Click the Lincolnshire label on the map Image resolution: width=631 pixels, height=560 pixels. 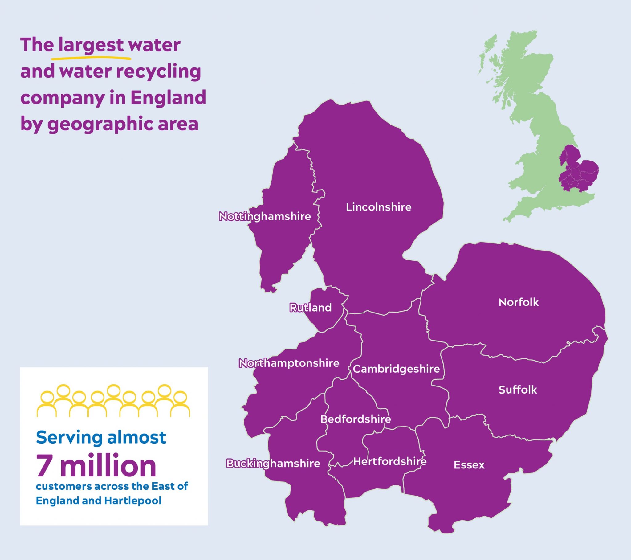tap(378, 207)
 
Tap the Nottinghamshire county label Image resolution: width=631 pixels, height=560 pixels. tap(265, 217)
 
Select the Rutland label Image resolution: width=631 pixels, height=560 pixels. tap(310, 307)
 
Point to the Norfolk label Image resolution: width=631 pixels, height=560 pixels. tap(518, 302)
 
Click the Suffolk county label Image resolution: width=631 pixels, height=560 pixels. tap(518, 390)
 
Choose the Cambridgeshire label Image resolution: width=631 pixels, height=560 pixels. tap(396, 369)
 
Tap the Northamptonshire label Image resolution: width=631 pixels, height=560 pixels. tap(289, 363)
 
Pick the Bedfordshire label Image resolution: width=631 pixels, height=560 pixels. tap(355, 419)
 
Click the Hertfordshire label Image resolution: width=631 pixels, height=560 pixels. tap(389, 461)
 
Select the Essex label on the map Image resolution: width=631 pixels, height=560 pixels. tap(469, 465)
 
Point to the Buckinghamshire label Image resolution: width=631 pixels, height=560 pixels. tap(273, 463)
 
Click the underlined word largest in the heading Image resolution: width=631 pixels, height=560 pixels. tap(91, 45)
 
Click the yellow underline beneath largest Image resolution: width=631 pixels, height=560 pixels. tap(91, 57)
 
